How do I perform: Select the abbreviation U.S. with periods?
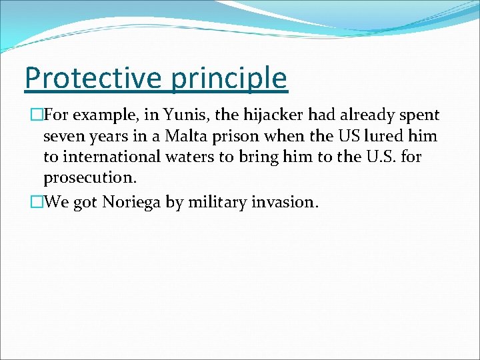pyautogui.click(x=373, y=158)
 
